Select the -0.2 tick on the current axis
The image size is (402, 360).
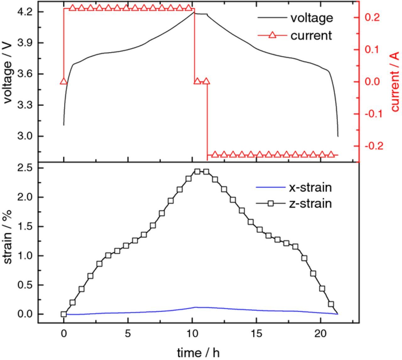[374, 146]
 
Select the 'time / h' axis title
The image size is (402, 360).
[198, 352]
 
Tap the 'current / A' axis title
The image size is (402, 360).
[395, 82]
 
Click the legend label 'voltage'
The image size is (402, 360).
[311, 18]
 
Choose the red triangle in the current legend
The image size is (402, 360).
[272, 35]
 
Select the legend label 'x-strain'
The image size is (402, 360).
[310, 187]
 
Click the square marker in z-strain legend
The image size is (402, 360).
[271, 204]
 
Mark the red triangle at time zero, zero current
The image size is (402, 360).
[64, 81]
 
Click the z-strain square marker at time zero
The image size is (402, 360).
[64, 314]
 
